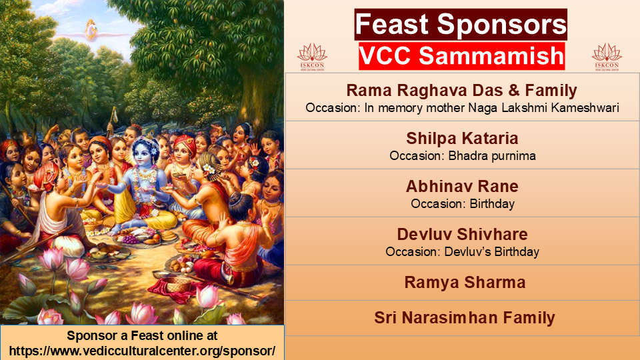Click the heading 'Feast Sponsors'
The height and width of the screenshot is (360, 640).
point(461,24)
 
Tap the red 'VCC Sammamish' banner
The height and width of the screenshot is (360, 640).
point(461,55)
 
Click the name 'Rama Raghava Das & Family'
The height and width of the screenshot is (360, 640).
point(461,90)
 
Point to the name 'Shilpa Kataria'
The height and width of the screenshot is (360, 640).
point(462,139)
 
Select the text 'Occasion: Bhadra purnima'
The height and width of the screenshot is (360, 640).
point(463,156)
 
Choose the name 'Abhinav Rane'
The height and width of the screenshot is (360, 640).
point(462,186)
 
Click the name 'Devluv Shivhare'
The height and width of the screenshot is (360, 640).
point(463,234)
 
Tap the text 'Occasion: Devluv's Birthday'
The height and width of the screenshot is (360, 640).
point(463,252)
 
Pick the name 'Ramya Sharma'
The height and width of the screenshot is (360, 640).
point(465,283)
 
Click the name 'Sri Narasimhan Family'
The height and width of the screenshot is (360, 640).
point(465,317)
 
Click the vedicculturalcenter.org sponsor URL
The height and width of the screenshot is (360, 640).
point(142,351)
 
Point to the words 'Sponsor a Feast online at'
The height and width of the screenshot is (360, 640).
point(142,335)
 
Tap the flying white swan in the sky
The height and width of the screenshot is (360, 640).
point(91,30)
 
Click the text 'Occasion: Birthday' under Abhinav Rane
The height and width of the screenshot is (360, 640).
point(463,204)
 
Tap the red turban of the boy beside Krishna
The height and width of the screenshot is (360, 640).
point(186,141)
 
